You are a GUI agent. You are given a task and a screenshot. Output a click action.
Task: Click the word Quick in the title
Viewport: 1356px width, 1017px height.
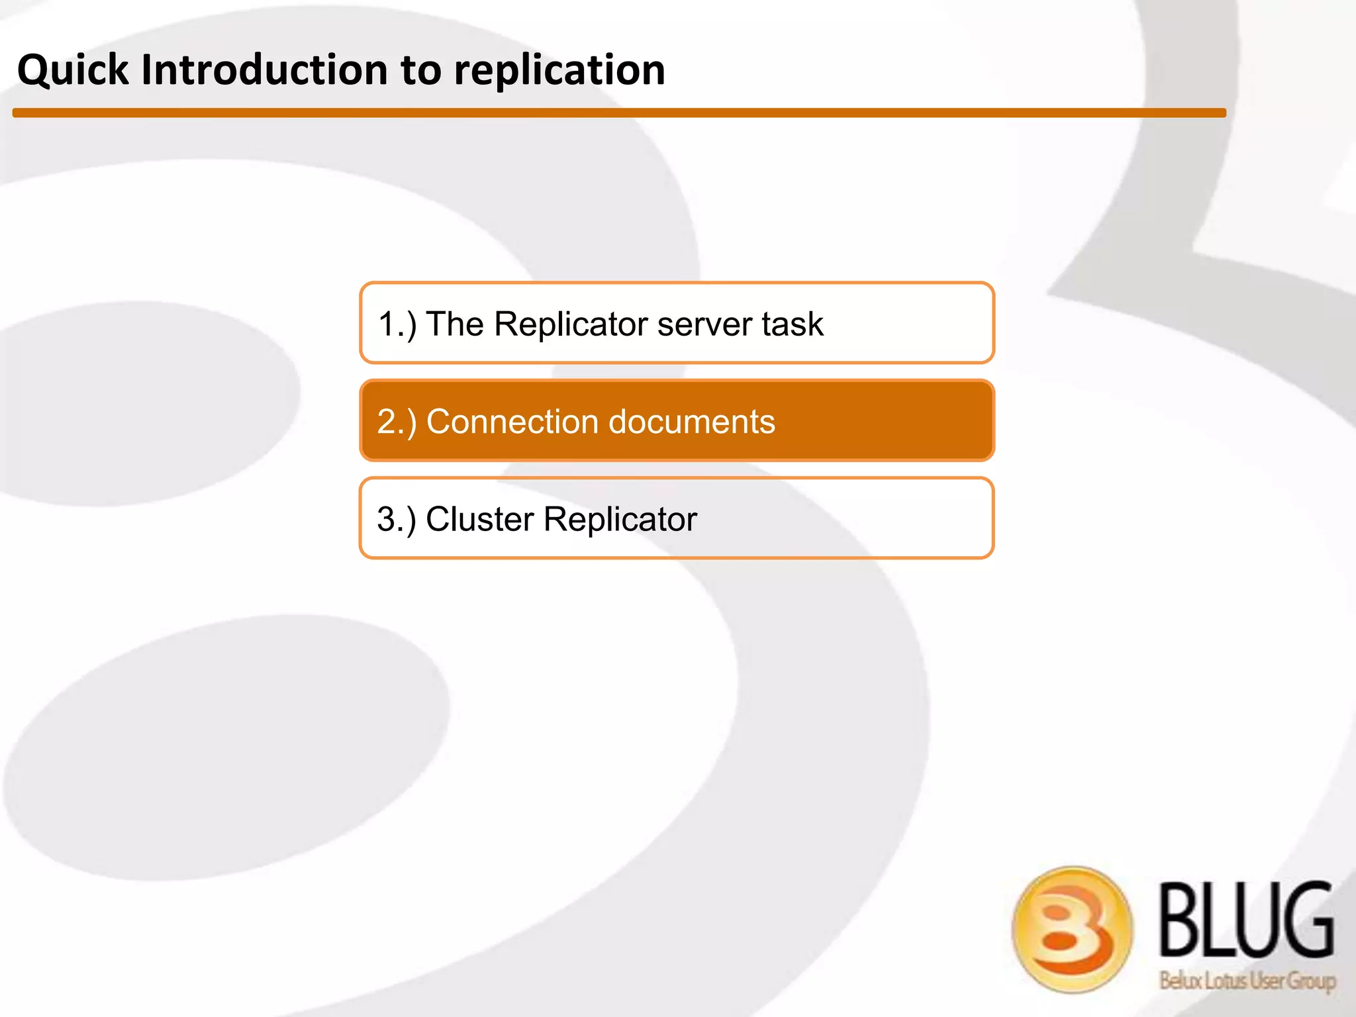[73, 70]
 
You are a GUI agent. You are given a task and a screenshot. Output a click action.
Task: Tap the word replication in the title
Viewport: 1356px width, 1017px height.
[559, 70]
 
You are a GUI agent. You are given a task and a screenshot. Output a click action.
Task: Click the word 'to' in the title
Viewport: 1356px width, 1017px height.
[420, 70]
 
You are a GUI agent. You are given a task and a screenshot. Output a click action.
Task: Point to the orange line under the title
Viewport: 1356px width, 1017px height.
[619, 113]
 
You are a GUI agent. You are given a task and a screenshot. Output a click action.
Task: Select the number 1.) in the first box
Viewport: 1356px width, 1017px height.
[397, 324]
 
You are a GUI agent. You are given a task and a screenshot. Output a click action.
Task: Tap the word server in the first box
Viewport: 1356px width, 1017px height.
[704, 324]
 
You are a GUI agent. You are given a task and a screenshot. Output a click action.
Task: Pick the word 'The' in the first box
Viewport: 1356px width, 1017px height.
[455, 324]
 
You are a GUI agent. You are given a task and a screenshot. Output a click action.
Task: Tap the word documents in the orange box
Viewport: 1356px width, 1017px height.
[691, 422]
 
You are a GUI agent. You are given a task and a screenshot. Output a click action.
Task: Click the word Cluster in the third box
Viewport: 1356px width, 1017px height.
[479, 519]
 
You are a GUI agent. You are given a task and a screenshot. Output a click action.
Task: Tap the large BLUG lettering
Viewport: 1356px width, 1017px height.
[1245, 921]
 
